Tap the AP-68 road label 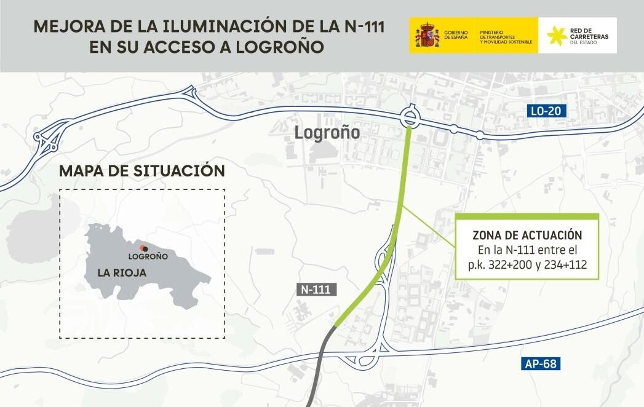coord(541,364)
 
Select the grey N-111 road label coord(317,291)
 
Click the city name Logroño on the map coord(327,132)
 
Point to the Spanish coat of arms coord(427,35)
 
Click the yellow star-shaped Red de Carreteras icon coord(557,36)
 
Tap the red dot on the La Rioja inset coord(142,247)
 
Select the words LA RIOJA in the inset coord(121,272)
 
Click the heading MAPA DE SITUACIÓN coord(142,170)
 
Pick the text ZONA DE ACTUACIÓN coord(527,235)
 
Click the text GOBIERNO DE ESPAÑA coord(455,35)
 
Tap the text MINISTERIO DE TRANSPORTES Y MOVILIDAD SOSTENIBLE coord(506,36)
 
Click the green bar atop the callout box coord(527,216)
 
